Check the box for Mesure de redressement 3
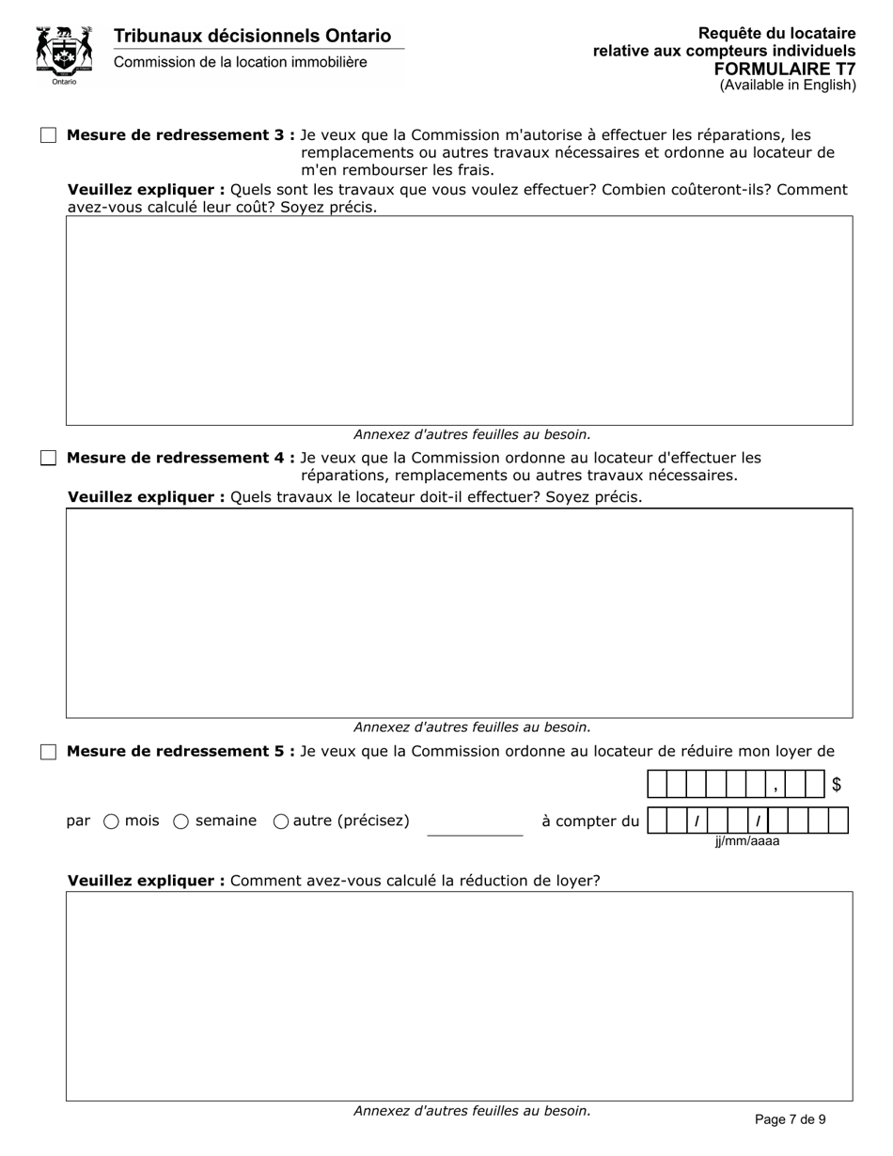pyautogui.click(x=49, y=135)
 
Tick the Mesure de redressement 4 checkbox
pyautogui.click(x=49, y=459)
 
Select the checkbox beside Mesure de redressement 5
pyautogui.click(x=49, y=752)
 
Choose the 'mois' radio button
pyautogui.click(x=111, y=821)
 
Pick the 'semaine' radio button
pyautogui.click(x=181, y=821)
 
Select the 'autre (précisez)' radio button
pyautogui.click(x=281, y=821)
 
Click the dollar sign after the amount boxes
pyautogui.click(x=837, y=785)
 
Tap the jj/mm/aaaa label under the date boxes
pyautogui.click(x=746, y=841)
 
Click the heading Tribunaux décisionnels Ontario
pyautogui.click(x=252, y=36)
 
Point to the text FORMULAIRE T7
pyautogui.click(x=785, y=69)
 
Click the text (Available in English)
pyautogui.click(x=788, y=86)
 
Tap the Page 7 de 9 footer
pyautogui.click(x=791, y=1118)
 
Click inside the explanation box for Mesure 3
pyautogui.click(x=459, y=320)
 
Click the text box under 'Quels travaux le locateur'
pyautogui.click(x=459, y=613)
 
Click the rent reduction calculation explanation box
pyautogui.click(x=459, y=996)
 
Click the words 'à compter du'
pyautogui.click(x=589, y=821)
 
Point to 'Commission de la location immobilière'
pyautogui.click(x=241, y=62)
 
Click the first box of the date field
pyautogui.click(x=657, y=821)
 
